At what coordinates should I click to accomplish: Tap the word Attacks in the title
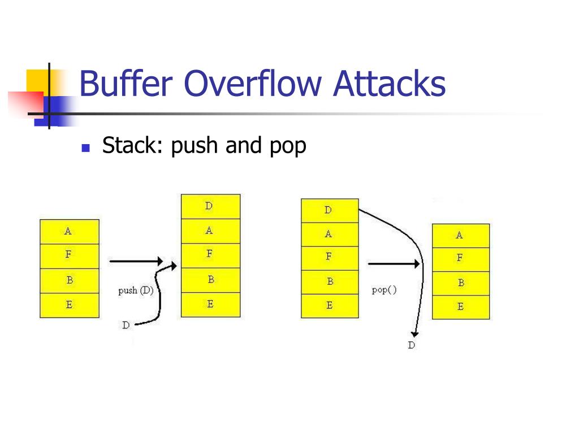[x=389, y=84]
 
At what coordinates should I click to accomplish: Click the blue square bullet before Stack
[x=86, y=149]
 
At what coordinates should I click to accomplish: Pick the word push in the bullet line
[x=195, y=146]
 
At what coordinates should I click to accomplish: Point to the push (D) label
[x=136, y=291]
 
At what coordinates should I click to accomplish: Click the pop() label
[x=384, y=290]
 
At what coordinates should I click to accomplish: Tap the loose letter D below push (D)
[x=126, y=325]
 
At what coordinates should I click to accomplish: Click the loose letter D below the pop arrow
[x=411, y=345]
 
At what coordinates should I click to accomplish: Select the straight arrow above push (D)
[x=135, y=262]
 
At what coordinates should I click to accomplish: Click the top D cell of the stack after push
[x=210, y=206]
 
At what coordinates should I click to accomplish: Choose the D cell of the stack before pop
[x=330, y=210]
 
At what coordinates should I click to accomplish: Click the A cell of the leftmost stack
[x=69, y=231]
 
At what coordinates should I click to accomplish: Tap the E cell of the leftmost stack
[x=69, y=305]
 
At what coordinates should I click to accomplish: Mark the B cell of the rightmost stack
[x=461, y=283]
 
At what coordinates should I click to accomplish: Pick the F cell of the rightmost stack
[x=461, y=259]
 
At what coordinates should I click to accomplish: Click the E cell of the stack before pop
[x=330, y=306]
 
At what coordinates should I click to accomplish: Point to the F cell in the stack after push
[x=210, y=255]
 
